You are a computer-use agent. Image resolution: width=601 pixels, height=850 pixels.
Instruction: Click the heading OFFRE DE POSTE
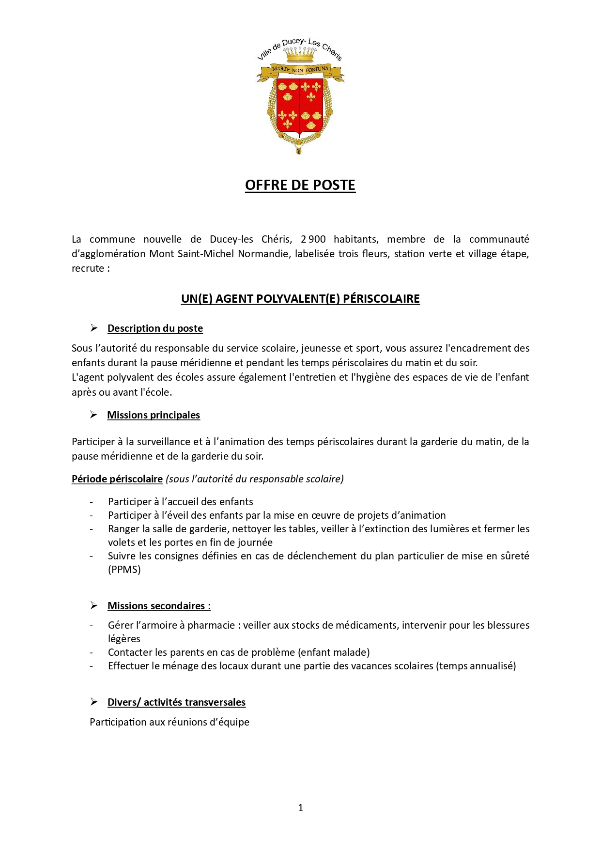coord(300,185)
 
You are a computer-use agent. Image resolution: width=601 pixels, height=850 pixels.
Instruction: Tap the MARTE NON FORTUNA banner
coord(300,70)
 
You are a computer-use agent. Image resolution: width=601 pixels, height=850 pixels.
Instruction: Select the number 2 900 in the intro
coord(313,239)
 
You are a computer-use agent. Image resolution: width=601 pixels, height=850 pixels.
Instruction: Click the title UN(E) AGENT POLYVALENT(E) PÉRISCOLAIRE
coord(300,299)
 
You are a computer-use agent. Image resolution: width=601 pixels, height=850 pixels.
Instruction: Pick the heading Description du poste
coord(155,328)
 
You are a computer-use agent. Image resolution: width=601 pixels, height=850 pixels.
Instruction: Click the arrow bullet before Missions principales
coord(93,415)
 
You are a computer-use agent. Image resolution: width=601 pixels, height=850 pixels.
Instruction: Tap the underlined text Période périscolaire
coord(117,479)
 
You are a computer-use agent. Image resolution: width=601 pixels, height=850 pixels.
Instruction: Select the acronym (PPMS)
coord(124,570)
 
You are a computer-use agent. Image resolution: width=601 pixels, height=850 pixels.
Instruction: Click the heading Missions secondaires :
coord(159,606)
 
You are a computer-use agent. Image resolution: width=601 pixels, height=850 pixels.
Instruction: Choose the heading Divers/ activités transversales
coord(176,702)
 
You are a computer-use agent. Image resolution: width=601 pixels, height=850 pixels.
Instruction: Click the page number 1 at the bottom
coord(301,807)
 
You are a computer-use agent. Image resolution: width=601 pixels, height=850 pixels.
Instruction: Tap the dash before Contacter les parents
coord(91,652)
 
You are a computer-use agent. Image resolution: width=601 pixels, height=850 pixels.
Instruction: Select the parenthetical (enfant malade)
coord(334,652)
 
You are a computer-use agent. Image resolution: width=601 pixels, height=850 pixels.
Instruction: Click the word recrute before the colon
coord(88,268)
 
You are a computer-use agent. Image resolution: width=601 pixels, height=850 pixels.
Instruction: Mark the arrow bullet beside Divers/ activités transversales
coord(94,702)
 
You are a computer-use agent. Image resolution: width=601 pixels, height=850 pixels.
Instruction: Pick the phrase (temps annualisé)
coord(476,666)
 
